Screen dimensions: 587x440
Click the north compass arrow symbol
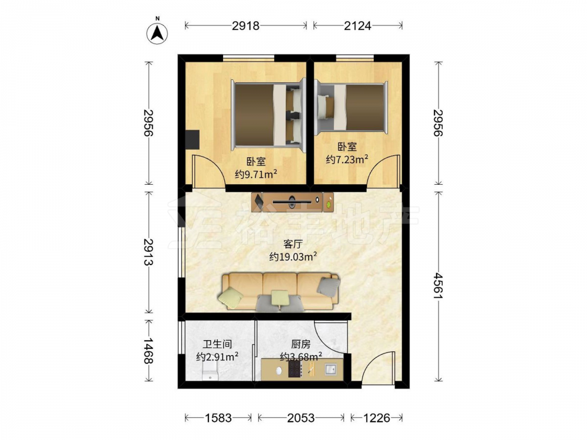157,33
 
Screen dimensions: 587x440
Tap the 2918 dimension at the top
245,25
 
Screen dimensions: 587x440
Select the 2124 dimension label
357,25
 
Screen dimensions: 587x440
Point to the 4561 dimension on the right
438,286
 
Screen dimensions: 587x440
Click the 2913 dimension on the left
149,252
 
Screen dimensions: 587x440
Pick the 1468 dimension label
149,351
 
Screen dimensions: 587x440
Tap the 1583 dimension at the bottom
218,418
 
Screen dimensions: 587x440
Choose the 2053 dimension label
301,418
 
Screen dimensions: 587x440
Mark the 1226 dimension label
377,418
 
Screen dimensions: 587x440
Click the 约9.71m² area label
256,174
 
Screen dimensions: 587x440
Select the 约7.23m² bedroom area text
347,160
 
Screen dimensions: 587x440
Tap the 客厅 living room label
293,244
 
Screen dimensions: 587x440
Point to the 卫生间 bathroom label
218,344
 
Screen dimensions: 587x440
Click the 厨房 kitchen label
301,344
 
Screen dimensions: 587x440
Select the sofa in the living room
279,292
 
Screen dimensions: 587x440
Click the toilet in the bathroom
210,373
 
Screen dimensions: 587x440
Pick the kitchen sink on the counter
330,370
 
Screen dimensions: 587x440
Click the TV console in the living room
292,202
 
